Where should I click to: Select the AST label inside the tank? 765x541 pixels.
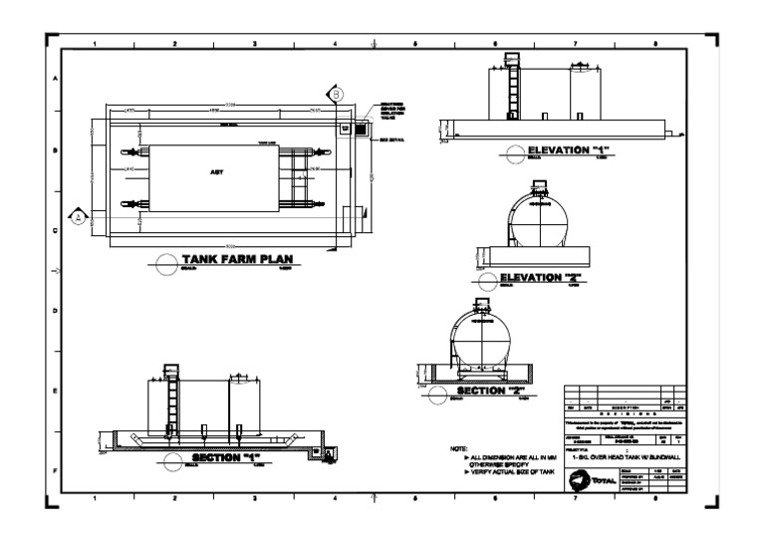(x=216, y=171)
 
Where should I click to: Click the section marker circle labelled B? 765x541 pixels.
(x=337, y=94)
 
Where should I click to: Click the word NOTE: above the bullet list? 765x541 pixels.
(x=459, y=450)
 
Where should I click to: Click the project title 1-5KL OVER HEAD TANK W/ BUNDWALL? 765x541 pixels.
(x=626, y=455)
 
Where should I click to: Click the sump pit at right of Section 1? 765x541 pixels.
(x=319, y=450)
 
